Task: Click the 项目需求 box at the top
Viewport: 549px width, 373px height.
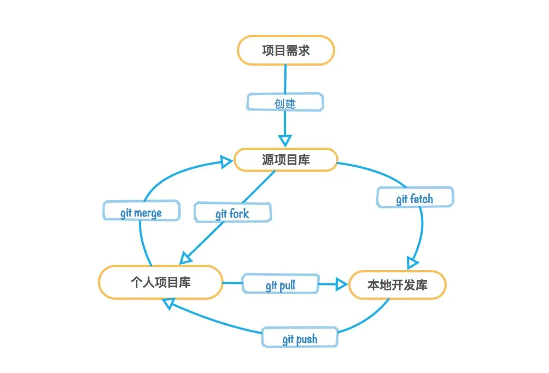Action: click(285, 50)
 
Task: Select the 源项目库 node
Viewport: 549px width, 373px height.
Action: click(285, 160)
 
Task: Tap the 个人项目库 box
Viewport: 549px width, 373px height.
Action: click(160, 282)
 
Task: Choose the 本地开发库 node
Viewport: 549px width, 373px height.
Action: click(397, 285)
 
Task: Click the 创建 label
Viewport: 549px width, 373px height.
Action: click(285, 103)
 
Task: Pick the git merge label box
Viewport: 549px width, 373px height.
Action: click(141, 212)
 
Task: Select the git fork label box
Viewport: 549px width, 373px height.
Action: click(232, 213)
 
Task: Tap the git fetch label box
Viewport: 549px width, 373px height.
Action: click(414, 199)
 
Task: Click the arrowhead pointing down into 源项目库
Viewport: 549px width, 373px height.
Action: click(285, 139)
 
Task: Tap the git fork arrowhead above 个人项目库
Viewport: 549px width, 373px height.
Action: click(188, 255)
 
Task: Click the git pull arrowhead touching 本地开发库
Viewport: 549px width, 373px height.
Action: click(341, 284)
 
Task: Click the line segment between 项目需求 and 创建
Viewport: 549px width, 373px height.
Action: click(285, 79)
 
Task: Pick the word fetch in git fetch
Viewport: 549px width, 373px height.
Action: click(422, 199)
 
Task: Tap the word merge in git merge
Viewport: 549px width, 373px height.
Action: click(148, 212)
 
